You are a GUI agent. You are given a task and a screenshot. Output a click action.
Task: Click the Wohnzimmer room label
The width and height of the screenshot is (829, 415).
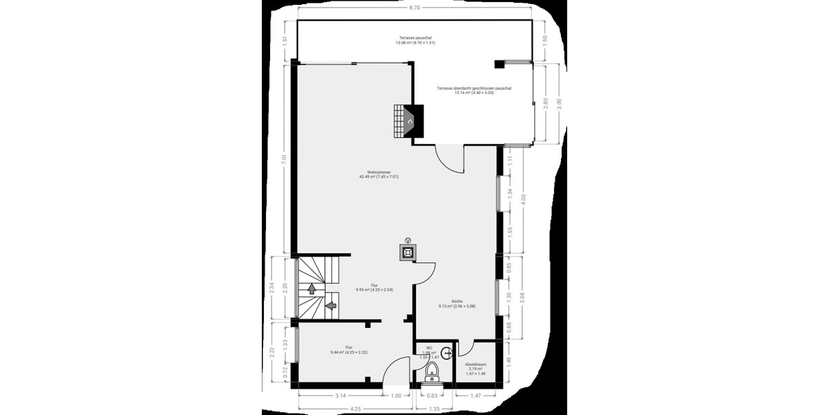[379, 174]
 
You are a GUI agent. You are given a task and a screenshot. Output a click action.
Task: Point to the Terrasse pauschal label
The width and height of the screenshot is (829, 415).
[415, 39]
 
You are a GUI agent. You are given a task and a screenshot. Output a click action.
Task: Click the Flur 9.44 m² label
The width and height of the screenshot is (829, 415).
[349, 349]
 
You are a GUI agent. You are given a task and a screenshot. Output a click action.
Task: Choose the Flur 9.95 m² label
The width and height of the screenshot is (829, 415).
[374, 287]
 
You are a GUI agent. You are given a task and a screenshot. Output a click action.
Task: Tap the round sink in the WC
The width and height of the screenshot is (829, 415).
[447, 353]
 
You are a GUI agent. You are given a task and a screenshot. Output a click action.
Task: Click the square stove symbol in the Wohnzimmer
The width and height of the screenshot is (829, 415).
[408, 251]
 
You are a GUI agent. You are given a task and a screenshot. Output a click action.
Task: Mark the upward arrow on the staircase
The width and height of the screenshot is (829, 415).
[312, 288]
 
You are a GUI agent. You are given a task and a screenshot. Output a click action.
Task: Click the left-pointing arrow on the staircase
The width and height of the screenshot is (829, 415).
[330, 304]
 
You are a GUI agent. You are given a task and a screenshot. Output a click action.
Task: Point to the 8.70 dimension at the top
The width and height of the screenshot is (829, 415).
[414, 8]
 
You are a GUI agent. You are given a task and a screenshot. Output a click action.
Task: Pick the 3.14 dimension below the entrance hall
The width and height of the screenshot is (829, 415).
[340, 396]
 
